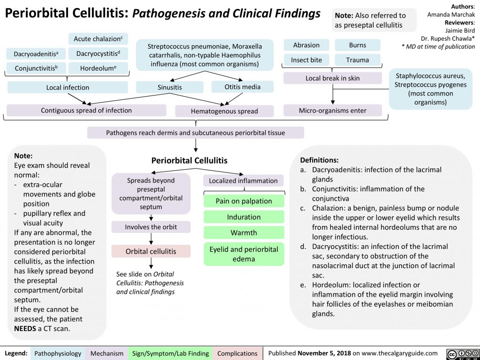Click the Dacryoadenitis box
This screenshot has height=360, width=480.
click(36, 54)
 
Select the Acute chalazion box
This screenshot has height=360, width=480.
click(98, 38)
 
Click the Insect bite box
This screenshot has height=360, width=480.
click(306, 60)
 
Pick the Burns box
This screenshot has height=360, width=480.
click(358, 45)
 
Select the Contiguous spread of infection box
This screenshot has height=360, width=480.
click(86, 110)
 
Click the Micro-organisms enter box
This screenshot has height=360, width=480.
click(333, 111)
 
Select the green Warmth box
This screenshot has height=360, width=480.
click(244, 232)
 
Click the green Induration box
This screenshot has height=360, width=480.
click(244, 217)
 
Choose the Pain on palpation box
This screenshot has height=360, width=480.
click(244, 201)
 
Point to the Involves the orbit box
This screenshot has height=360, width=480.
click(151, 227)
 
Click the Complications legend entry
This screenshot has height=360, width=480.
click(237, 353)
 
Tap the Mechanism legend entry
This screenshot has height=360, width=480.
click(107, 353)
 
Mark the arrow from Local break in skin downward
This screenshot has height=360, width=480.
click(333, 94)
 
